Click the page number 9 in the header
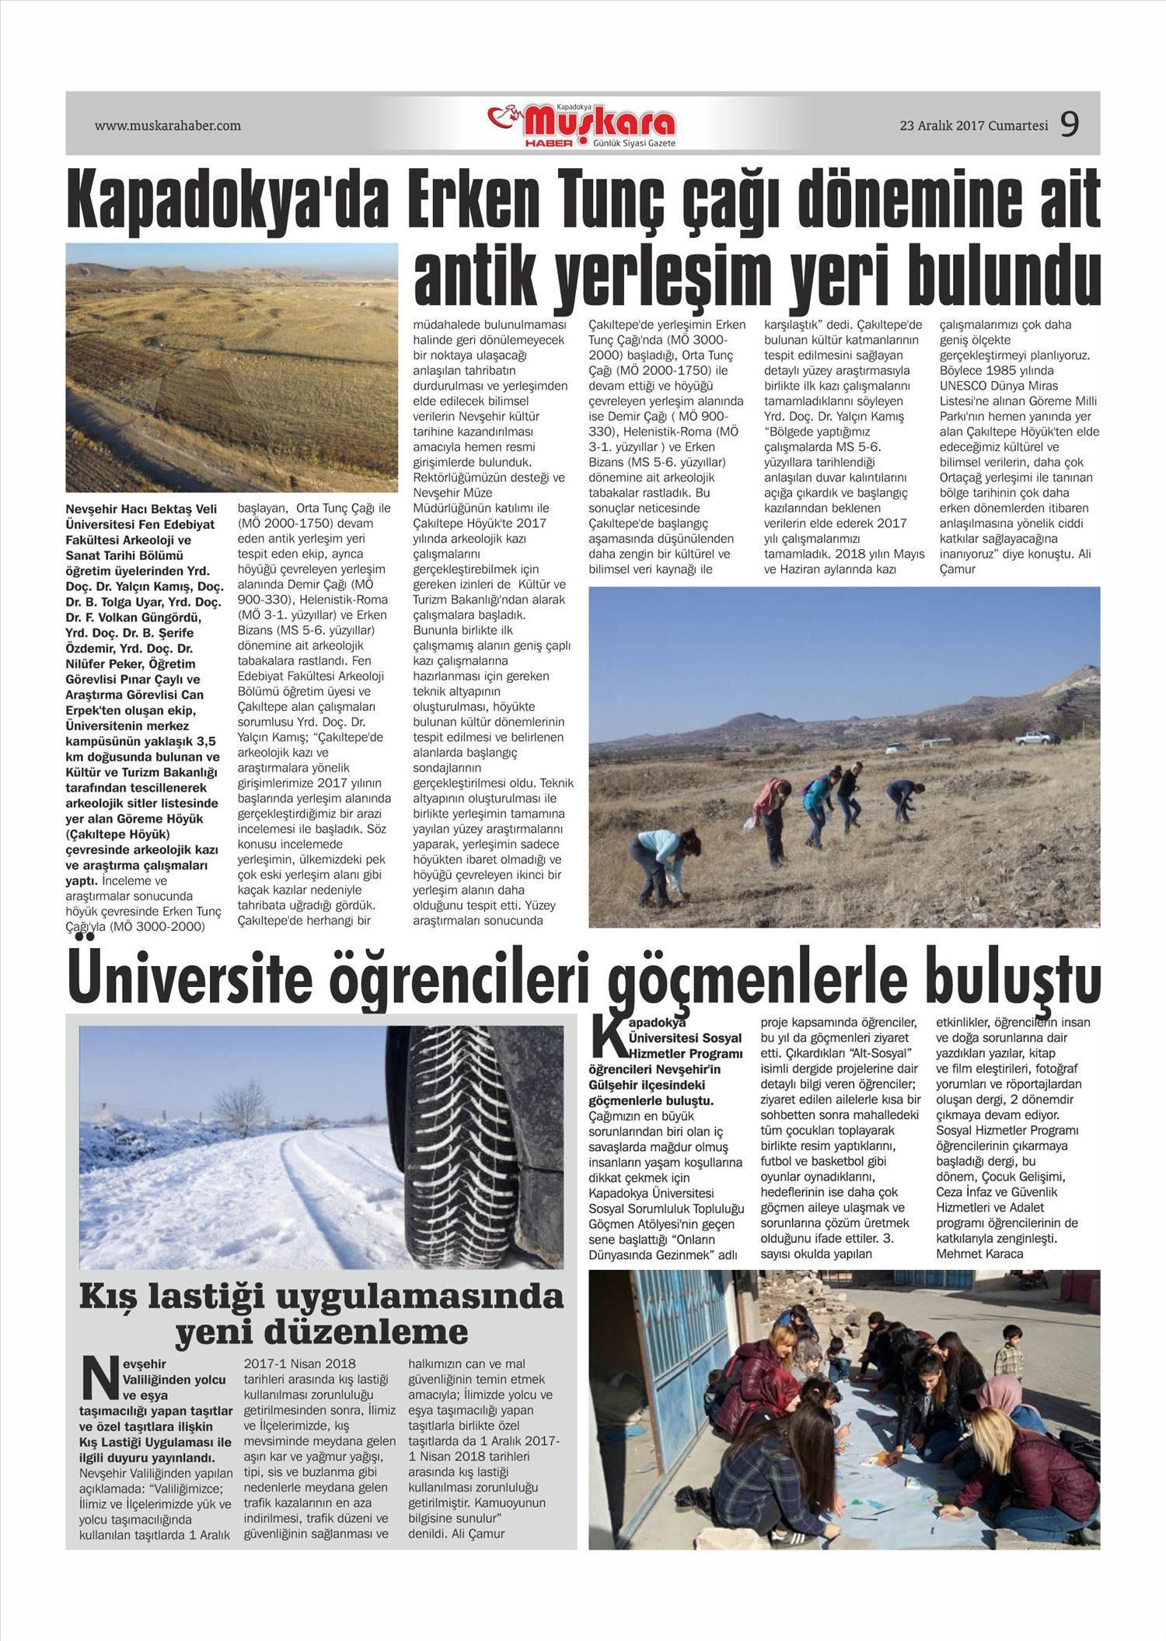point(1070,124)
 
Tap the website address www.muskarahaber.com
point(167,125)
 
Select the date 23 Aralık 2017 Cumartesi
point(973,125)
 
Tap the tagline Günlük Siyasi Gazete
point(634,145)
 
